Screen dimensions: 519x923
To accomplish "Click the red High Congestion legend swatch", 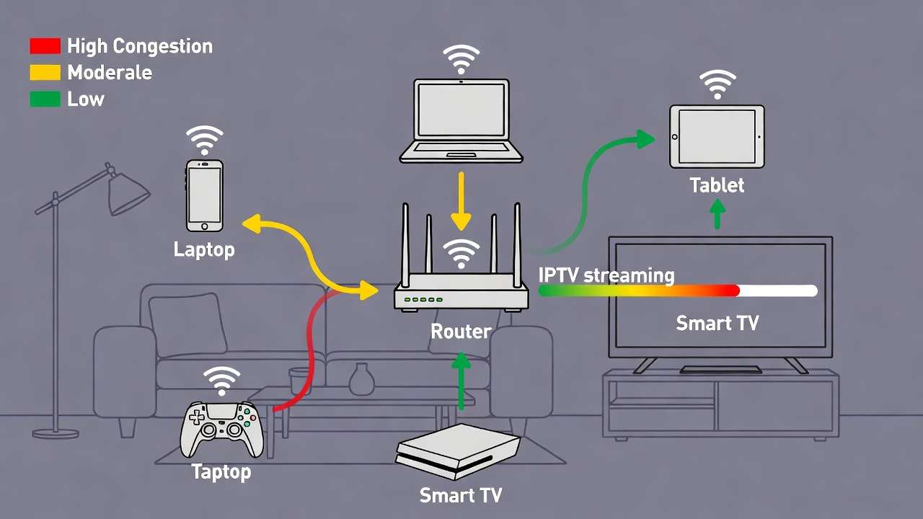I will [45, 47].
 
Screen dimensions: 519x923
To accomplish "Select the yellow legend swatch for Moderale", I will [45, 73].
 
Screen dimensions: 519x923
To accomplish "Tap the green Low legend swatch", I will [45, 99].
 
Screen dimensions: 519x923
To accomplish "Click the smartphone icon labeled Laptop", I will [205, 195].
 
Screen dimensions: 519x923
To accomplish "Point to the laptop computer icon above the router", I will [461, 121].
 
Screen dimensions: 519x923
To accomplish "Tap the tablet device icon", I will [716, 137].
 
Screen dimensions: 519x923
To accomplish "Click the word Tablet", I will [716, 185].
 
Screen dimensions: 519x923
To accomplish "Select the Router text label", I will [461, 331].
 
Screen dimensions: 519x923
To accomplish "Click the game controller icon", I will [221, 430].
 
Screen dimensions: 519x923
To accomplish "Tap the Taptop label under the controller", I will [221, 472].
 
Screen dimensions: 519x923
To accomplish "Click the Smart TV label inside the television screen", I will [717, 323].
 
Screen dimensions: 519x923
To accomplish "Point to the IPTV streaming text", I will [606, 275].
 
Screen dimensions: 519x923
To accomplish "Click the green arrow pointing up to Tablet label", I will [716, 214].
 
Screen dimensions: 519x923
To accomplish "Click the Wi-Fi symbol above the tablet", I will [716, 84].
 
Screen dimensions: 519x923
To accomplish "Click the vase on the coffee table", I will [361, 379].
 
